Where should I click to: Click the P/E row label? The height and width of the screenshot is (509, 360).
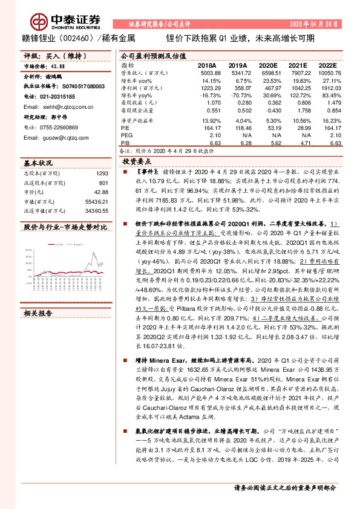coord(125,128)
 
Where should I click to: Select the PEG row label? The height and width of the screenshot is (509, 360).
coord(126,135)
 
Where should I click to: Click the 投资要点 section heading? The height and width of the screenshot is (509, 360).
coord(137,162)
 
